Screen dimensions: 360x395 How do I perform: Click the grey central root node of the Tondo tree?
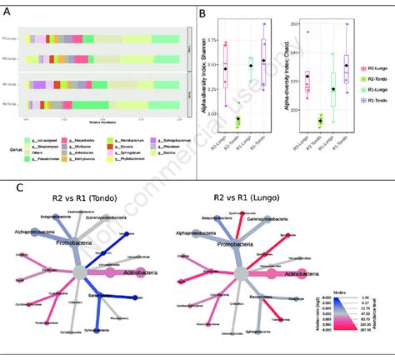(80, 272)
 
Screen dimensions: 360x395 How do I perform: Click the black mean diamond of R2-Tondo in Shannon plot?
(237, 119)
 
